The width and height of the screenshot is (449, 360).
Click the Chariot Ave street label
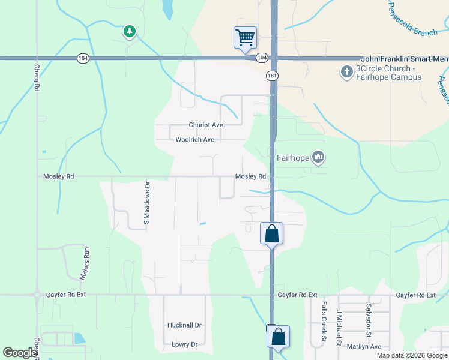coord(206,125)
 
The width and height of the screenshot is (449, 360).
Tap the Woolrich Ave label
coord(195,140)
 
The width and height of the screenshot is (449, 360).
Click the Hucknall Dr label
coord(184,325)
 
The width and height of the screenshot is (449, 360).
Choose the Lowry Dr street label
coord(184,344)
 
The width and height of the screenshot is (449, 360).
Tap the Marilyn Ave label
coord(363,346)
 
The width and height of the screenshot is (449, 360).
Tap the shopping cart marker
coord(245,37)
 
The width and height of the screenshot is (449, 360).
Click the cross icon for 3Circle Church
coord(346,72)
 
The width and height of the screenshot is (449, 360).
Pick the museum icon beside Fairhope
coord(318,158)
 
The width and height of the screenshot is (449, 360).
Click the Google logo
coord(20,353)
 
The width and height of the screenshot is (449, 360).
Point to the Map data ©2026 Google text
coord(411,355)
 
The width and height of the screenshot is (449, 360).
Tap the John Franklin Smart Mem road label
coord(404,59)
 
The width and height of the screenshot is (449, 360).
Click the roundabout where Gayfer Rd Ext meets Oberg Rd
coord(37,295)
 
